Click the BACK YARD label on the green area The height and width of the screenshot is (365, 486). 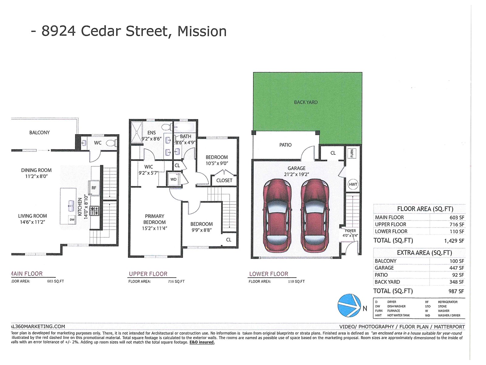pyautogui.click(x=306, y=102)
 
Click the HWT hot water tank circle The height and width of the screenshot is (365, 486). pyautogui.click(x=353, y=184)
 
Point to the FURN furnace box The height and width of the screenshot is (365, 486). pyautogui.click(x=352, y=153)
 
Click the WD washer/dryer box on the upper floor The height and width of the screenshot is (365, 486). pyautogui.click(x=173, y=179)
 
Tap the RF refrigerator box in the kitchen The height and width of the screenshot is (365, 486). pyautogui.click(x=94, y=188)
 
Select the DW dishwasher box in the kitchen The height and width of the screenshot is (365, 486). pyautogui.click(x=72, y=220)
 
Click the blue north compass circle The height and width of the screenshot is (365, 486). pyautogui.click(x=349, y=305)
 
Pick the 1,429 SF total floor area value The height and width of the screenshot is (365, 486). pyautogui.click(x=454, y=241)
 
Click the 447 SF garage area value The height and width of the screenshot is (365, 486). pyautogui.click(x=457, y=268)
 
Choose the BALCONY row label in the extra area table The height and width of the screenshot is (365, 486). pyautogui.click(x=385, y=261)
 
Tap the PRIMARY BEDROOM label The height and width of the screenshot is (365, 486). pyautogui.click(x=154, y=219)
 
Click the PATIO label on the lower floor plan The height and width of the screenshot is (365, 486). pyautogui.click(x=285, y=145)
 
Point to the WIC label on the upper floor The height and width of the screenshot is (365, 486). pyautogui.click(x=149, y=167)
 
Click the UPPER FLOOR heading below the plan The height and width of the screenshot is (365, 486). pyautogui.click(x=148, y=274)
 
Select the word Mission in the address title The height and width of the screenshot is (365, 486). pyautogui.click(x=202, y=31)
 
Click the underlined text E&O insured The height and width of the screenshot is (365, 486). pyautogui.click(x=202, y=342)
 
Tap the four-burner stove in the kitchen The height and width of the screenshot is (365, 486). pyautogui.click(x=95, y=211)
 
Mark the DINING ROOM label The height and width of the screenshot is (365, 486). pyautogui.click(x=36, y=170)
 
